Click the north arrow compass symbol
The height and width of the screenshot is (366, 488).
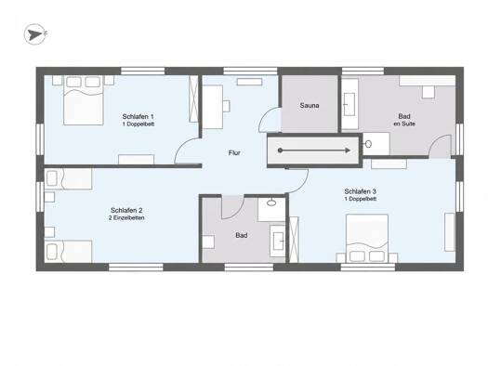click(x=35, y=34)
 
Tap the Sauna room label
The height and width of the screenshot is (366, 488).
click(x=310, y=105)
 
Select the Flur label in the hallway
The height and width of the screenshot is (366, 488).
click(x=234, y=152)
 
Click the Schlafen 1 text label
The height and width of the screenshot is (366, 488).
click(x=138, y=117)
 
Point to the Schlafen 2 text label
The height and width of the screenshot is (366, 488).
click(x=126, y=210)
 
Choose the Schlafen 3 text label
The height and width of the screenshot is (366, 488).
click(x=360, y=191)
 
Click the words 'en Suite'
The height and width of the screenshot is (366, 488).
click(x=404, y=124)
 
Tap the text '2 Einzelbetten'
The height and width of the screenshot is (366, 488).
click(x=126, y=218)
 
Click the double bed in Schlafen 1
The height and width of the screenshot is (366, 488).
click(x=84, y=100)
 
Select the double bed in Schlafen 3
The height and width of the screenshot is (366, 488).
click(x=367, y=239)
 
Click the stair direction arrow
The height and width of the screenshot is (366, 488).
click(x=315, y=150)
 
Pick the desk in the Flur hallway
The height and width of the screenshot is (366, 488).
click(x=213, y=107)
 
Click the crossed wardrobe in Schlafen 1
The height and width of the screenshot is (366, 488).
click(x=193, y=98)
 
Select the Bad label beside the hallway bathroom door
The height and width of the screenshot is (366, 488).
click(x=242, y=235)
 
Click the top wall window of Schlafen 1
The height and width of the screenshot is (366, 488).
click(x=142, y=71)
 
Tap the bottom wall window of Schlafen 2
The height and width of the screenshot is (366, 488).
click(x=136, y=268)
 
